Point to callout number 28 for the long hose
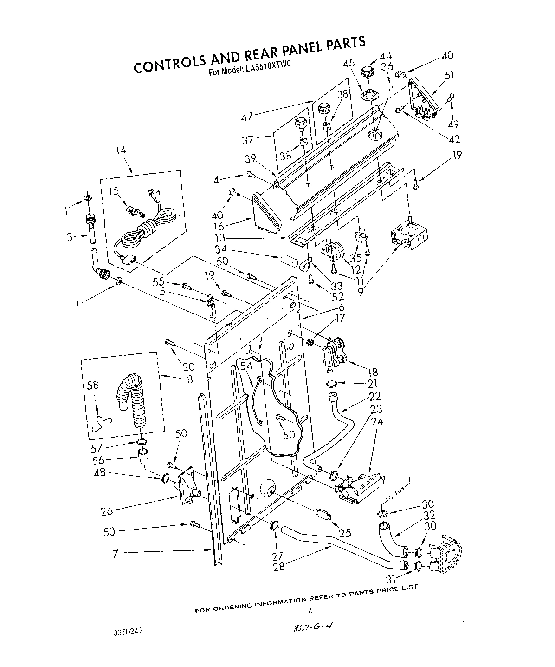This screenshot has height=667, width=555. pos(279,566)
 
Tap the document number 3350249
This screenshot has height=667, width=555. pos(126,632)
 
